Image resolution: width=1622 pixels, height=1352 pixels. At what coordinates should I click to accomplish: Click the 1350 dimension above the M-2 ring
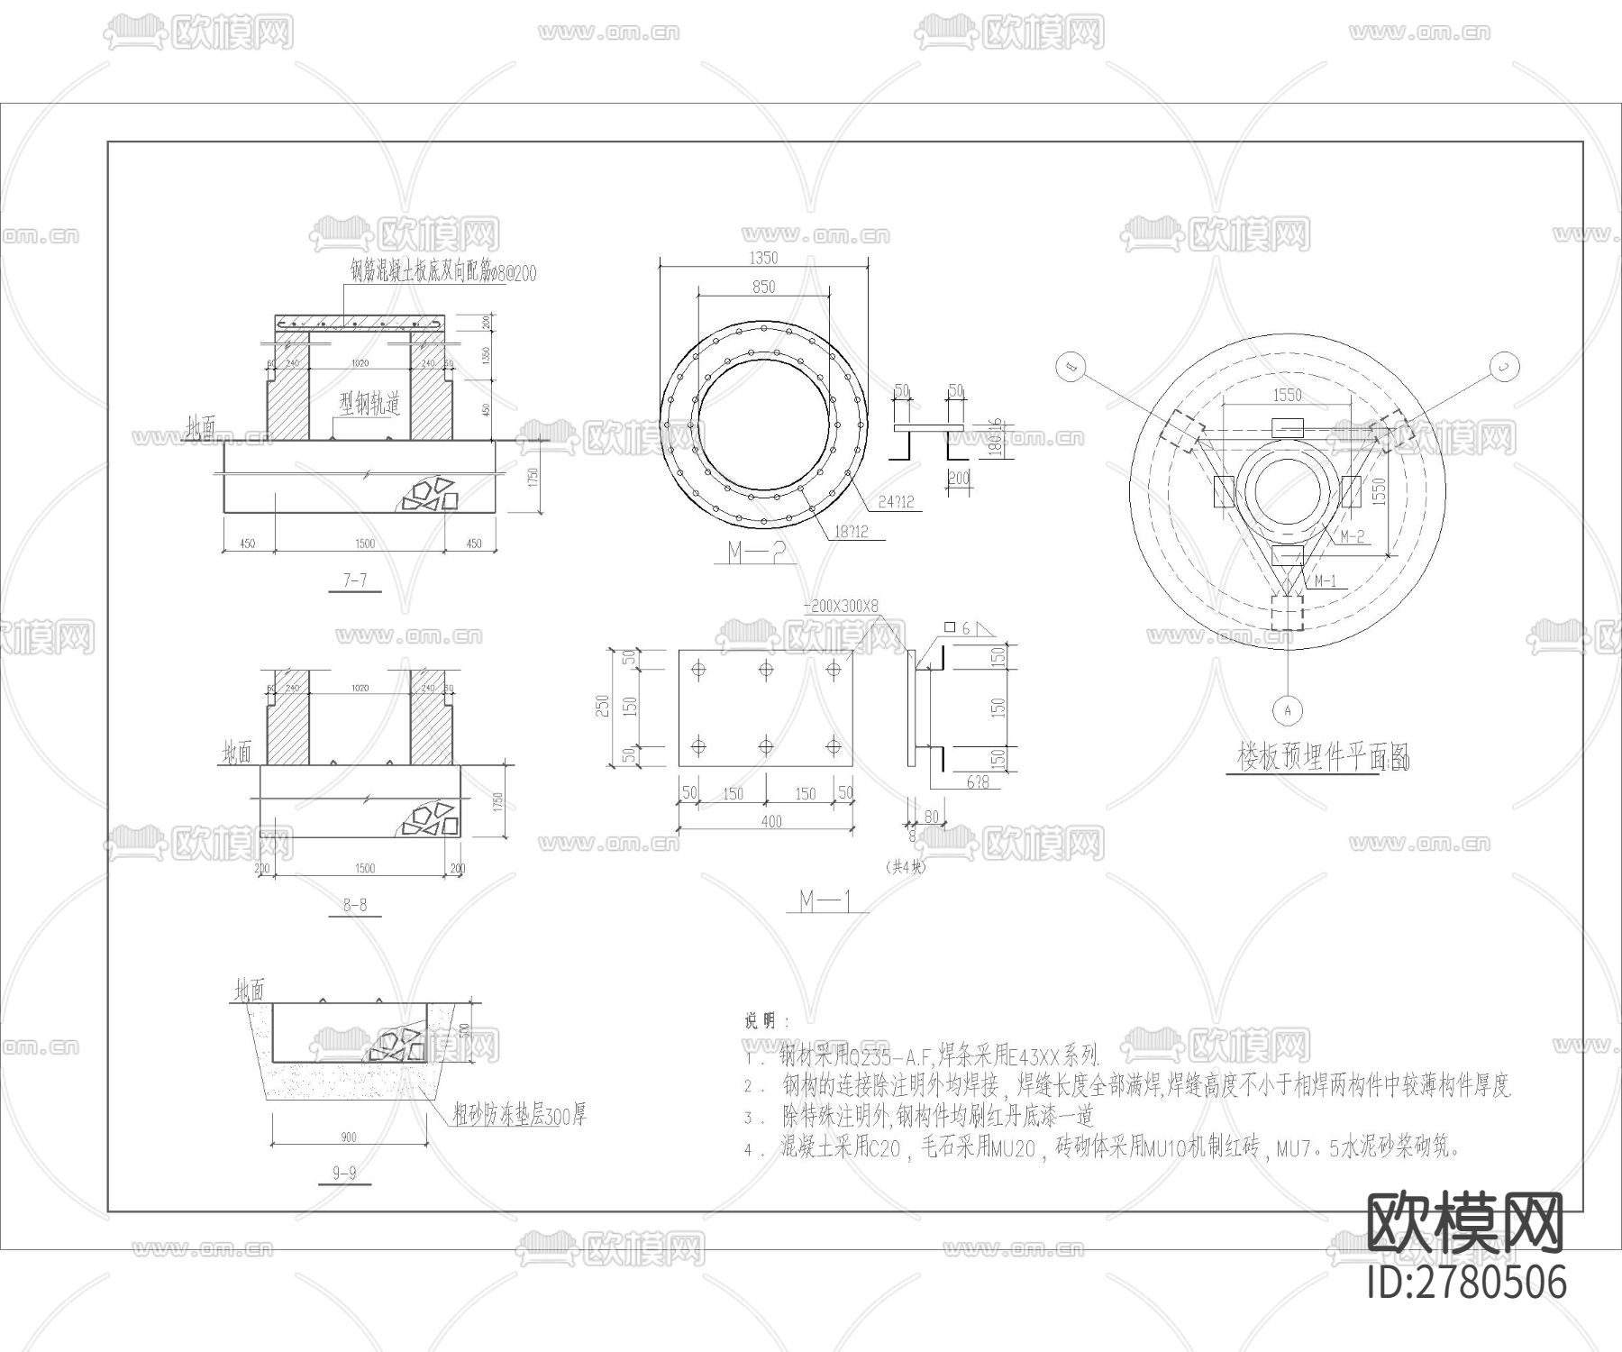tap(763, 258)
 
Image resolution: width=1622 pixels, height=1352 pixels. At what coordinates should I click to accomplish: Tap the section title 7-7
tap(355, 580)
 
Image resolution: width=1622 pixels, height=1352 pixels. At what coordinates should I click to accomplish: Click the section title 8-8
tap(355, 905)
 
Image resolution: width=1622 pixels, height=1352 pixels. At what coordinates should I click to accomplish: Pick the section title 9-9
tap(345, 1173)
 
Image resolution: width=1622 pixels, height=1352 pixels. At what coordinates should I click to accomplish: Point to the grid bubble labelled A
tap(1288, 710)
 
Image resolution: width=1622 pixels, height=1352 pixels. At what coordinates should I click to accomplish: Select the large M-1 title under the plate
tap(826, 900)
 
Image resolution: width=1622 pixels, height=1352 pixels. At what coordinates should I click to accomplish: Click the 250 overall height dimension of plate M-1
tap(605, 706)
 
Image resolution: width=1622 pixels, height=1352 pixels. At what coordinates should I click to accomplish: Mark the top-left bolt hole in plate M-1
tap(698, 669)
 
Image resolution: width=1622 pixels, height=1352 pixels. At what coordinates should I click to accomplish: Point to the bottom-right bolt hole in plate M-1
tap(834, 745)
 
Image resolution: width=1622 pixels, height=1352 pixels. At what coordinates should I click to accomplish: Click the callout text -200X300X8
tap(840, 607)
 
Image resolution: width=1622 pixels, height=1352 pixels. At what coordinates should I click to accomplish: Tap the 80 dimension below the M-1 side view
tap(931, 817)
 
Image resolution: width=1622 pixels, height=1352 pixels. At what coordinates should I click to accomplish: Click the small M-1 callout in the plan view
tap(1325, 581)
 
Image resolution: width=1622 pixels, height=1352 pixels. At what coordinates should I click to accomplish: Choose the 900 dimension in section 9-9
tap(349, 1137)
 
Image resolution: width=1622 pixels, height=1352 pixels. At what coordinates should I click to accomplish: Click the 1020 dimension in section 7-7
tap(360, 363)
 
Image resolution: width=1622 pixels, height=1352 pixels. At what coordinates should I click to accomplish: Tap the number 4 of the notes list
tap(749, 1150)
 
